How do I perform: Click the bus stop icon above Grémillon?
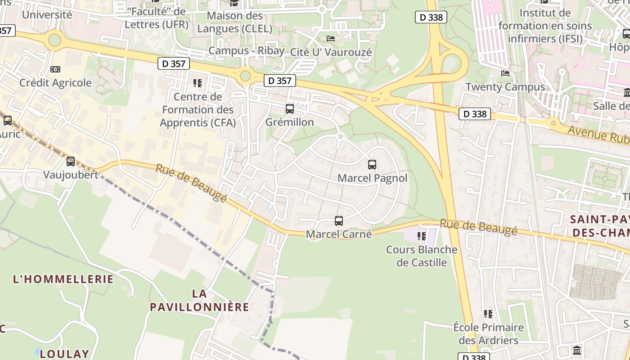click(x=290, y=109)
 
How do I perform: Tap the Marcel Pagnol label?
click(x=372, y=178)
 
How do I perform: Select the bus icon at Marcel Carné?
click(x=339, y=221)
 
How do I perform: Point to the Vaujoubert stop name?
click(x=71, y=175)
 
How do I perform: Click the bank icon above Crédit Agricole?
click(x=55, y=69)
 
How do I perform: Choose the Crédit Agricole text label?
click(x=55, y=83)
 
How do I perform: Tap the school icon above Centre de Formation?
click(x=197, y=83)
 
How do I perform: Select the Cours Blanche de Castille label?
click(x=422, y=256)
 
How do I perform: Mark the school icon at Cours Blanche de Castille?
click(x=422, y=235)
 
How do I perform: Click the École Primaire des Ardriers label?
click(x=488, y=333)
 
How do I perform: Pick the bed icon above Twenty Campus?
click(x=505, y=73)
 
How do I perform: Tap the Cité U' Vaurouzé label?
click(x=331, y=52)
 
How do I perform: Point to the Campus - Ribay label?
click(x=246, y=50)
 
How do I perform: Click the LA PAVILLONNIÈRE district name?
click(x=199, y=301)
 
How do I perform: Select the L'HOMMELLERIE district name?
click(x=63, y=279)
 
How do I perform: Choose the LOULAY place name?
click(x=64, y=354)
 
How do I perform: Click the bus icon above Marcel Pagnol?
click(x=372, y=165)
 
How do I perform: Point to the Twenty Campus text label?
click(x=505, y=87)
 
